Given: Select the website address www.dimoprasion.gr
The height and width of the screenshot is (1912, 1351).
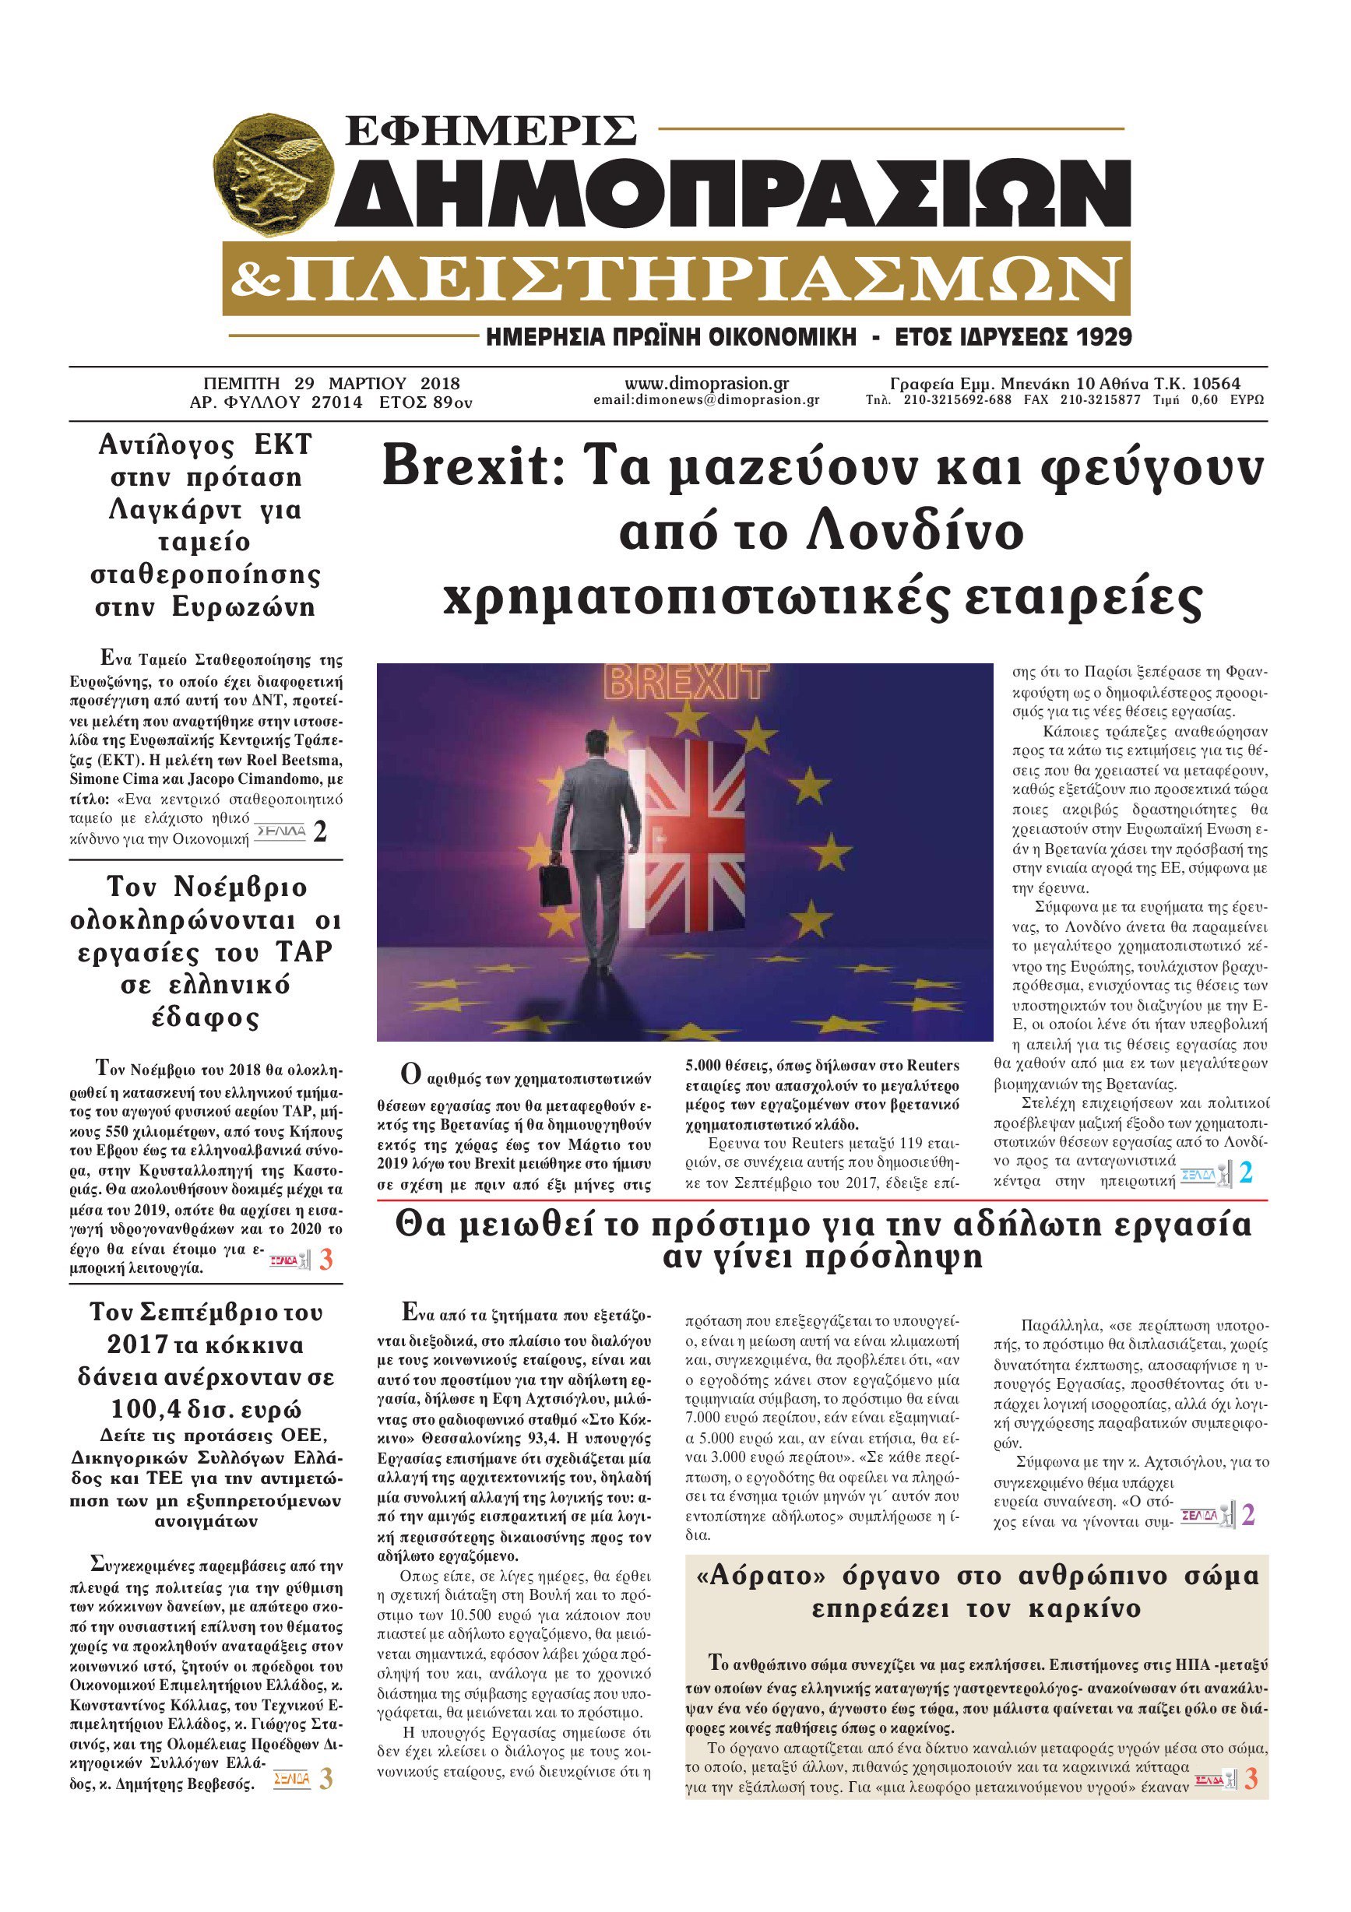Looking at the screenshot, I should [x=706, y=384].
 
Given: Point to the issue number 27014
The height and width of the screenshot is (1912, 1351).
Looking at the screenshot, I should [x=336, y=403].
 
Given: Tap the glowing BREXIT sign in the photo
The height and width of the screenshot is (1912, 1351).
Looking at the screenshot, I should [x=684, y=682].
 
